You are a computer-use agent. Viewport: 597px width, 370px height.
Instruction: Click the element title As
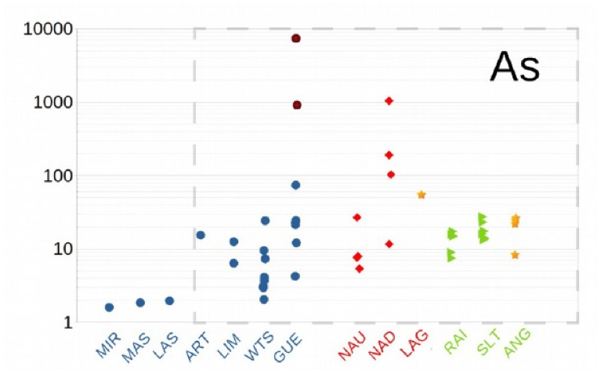point(515,67)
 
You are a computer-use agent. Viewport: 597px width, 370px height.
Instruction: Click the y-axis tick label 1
point(68,323)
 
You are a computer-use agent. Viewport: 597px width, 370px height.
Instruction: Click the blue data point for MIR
point(109,307)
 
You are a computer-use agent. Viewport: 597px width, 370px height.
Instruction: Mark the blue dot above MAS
point(140,303)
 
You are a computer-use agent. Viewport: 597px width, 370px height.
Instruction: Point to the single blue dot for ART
point(201,235)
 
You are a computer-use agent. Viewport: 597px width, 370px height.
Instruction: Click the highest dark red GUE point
point(296,38)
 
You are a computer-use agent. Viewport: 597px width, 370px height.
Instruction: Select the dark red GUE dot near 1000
point(297,105)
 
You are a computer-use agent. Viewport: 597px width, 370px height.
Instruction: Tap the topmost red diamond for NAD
point(389,101)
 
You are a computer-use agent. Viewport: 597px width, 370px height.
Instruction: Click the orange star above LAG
point(421,194)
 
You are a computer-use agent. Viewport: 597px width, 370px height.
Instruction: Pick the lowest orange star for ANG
point(515,255)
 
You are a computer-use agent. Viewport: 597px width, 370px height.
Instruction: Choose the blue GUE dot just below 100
point(295,185)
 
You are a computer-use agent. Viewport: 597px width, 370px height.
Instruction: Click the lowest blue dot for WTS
point(264,299)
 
